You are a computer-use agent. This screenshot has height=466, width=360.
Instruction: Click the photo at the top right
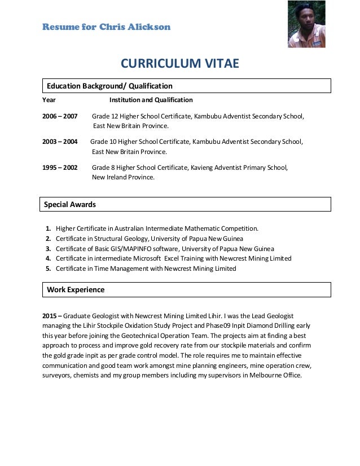[x=306, y=24]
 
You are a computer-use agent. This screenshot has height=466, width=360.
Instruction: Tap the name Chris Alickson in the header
[x=135, y=27]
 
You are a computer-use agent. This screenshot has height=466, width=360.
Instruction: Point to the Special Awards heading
[x=71, y=204]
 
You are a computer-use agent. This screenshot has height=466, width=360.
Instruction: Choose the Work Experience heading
[x=76, y=290]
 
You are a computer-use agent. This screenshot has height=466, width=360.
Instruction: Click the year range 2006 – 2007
[x=60, y=117]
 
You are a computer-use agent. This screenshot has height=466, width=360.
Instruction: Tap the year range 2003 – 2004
[x=60, y=142]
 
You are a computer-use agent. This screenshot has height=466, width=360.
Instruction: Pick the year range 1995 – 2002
[x=60, y=168]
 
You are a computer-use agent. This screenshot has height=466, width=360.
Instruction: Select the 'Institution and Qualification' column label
[x=151, y=100]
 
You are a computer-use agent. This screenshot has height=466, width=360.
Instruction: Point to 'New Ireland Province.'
[x=123, y=177]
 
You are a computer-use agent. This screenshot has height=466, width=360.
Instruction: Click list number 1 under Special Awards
[x=49, y=229]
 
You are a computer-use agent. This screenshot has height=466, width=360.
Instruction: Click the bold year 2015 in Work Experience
[x=50, y=316]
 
